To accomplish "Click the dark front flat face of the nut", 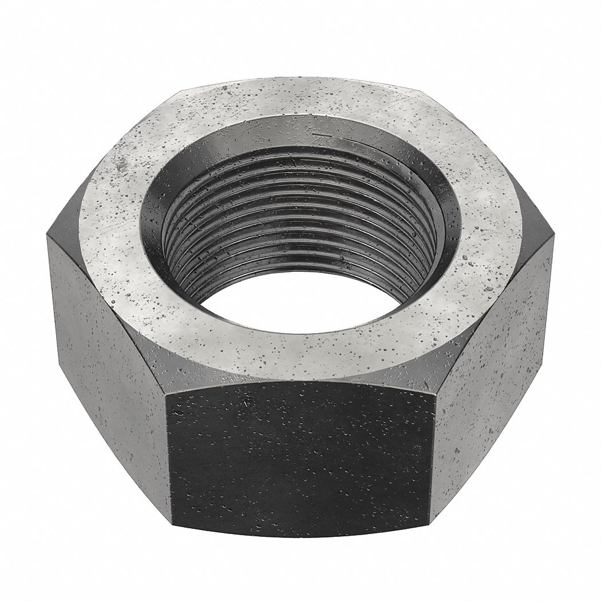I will click(x=300, y=452).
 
